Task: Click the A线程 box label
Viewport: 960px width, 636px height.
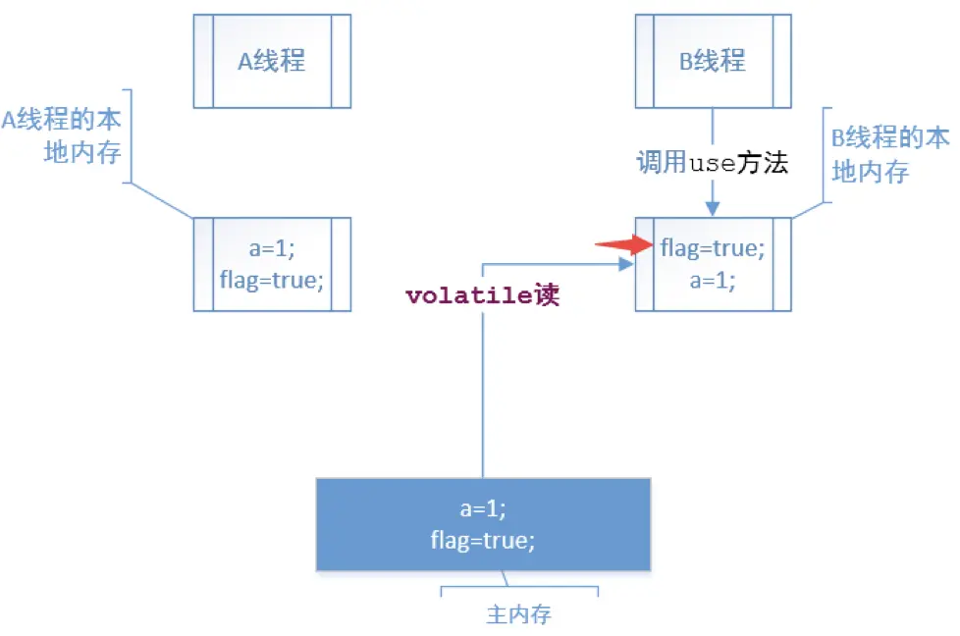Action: pyautogui.click(x=272, y=61)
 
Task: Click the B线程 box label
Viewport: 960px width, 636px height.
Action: pyautogui.click(x=713, y=61)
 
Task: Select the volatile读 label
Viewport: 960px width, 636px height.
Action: pyautogui.click(x=482, y=295)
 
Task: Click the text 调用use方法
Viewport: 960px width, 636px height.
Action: pyautogui.click(x=713, y=163)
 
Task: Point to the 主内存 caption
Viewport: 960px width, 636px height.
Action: pyautogui.click(x=519, y=615)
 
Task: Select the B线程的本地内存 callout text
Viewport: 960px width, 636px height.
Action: pyautogui.click(x=890, y=154)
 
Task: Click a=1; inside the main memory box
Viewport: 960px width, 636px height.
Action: pyautogui.click(x=483, y=509)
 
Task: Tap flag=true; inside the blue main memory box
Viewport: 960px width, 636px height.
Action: pyautogui.click(x=483, y=539)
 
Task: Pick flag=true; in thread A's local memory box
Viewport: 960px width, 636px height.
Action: pyautogui.click(x=272, y=280)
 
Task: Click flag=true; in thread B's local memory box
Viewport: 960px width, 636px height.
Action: pyautogui.click(x=713, y=249)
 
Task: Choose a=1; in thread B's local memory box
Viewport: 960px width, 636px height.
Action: pyautogui.click(x=713, y=279)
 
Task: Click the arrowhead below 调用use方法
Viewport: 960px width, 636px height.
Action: pyautogui.click(x=714, y=209)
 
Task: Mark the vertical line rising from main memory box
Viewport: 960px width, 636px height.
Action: pyautogui.click(x=484, y=393)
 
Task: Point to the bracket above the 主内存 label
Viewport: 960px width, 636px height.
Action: pyautogui.click(x=519, y=590)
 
